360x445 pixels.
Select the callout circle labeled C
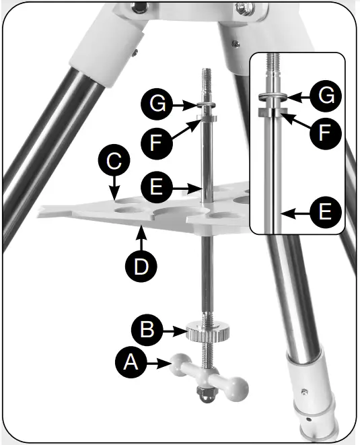click(114, 162)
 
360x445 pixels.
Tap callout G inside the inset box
click(325, 95)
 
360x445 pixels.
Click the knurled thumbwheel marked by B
click(205, 333)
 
